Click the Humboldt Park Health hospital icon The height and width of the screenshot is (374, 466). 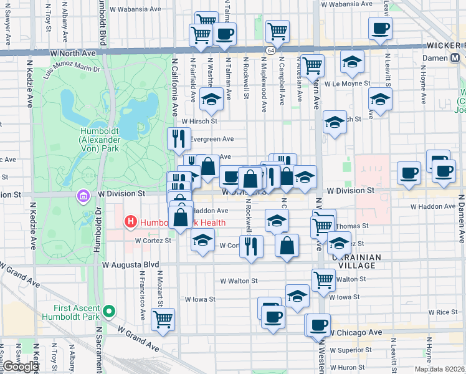coord(131,221)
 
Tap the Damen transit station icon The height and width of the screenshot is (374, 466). coord(457,57)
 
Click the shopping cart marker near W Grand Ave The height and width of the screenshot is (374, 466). coord(163,319)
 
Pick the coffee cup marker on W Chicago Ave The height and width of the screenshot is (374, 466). coord(318,325)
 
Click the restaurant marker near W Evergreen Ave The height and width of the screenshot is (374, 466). coord(179,138)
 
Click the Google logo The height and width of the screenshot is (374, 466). coord(21,367)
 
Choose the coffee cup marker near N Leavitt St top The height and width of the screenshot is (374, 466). coord(379,27)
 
